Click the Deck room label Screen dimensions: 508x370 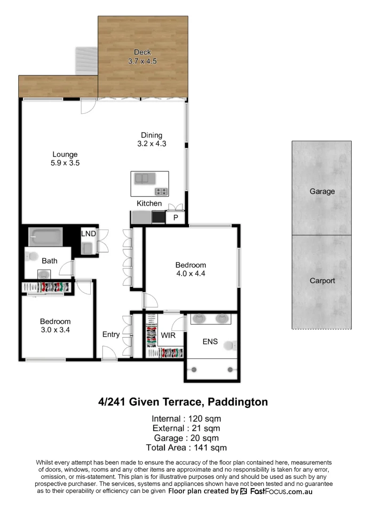point(142,52)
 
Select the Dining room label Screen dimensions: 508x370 point(151,135)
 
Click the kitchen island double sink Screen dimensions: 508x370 point(143,178)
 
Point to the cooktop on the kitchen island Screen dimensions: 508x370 point(161,191)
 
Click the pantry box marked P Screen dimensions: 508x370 point(176,218)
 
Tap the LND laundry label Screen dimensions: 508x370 point(88,234)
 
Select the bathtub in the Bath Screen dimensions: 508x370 point(45,237)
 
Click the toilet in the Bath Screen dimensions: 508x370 point(31,257)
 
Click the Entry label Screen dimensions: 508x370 point(111,334)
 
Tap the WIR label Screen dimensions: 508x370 point(168,335)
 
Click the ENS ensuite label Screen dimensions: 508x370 point(210,341)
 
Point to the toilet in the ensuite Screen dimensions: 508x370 point(229,346)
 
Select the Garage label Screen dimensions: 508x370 point(322,191)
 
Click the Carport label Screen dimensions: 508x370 point(322,281)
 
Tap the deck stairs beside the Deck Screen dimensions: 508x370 point(87,62)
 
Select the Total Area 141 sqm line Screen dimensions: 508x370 point(186,447)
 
